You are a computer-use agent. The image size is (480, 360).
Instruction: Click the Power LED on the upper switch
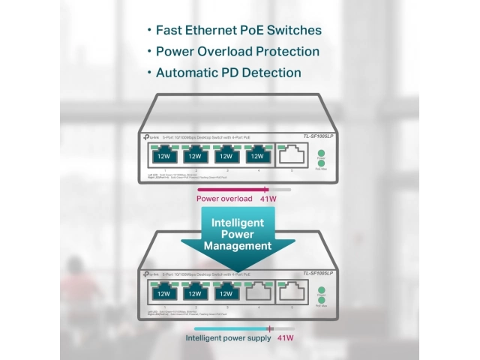click(x=320, y=154)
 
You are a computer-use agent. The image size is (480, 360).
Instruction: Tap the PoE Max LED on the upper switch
click(x=320, y=163)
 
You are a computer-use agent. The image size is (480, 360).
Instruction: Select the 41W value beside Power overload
click(x=268, y=199)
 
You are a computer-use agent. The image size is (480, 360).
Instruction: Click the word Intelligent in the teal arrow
click(x=238, y=223)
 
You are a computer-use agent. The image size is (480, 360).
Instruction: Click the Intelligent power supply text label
click(x=228, y=339)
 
